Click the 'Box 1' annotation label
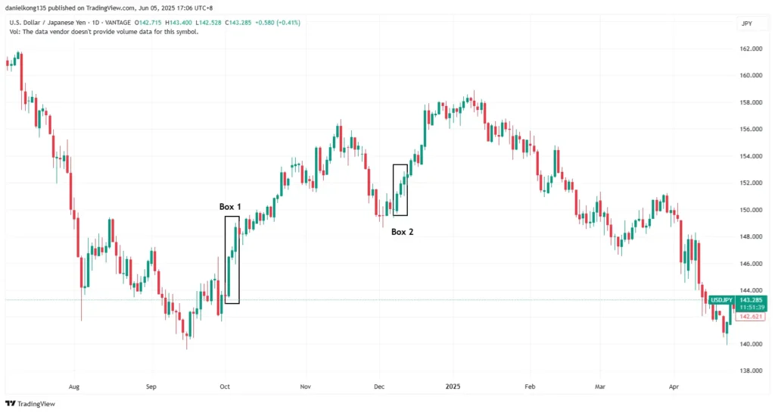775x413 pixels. pyautogui.click(x=230, y=207)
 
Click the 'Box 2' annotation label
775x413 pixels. pyautogui.click(x=402, y=232)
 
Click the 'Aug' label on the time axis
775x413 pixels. pyautogui.click(x=73, y=386)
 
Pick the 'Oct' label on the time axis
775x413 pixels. pyautogui.click(x=225, y=386)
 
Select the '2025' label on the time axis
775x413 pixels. pyautogui.click(x=452, y=386)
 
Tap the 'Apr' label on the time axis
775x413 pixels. pyautogui.click(x=674, y=386)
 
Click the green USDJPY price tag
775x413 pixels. pyautogui.click(x=720, y=300)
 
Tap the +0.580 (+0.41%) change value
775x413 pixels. pyautogui.click(x=279, y=23)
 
